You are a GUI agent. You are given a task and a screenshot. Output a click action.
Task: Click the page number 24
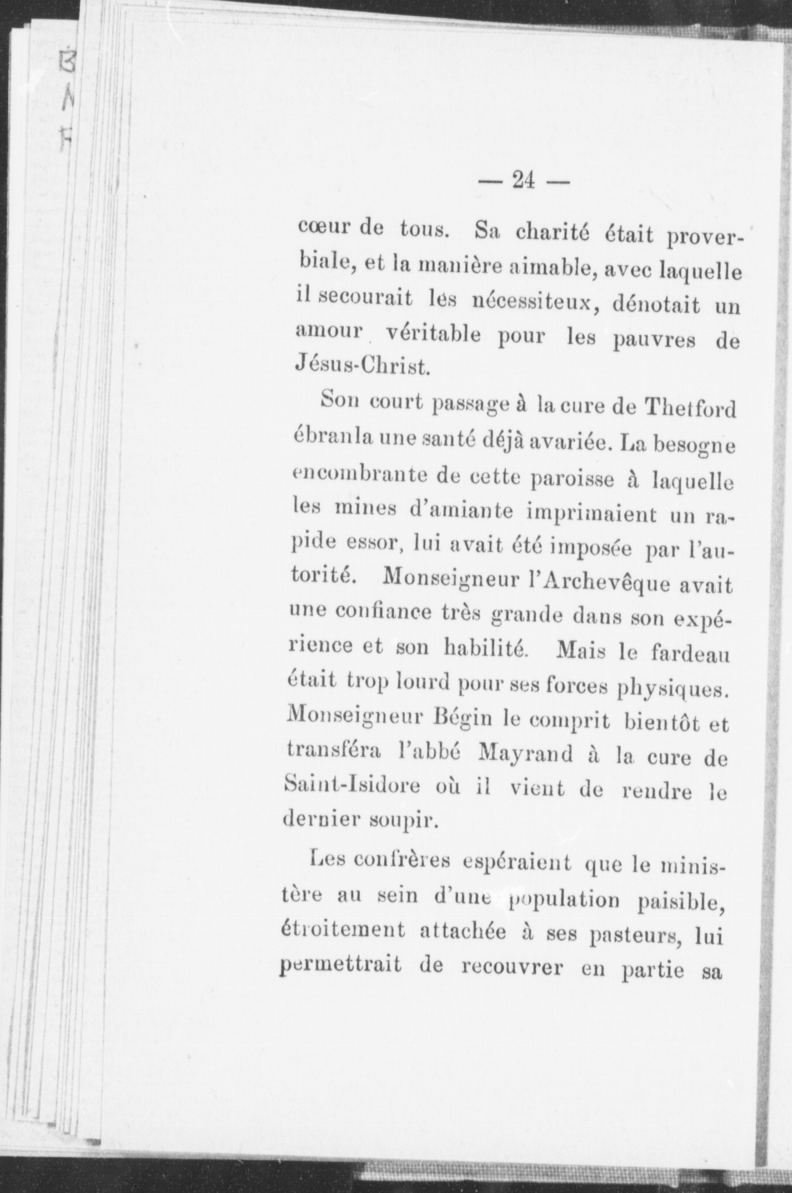(523, 181)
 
